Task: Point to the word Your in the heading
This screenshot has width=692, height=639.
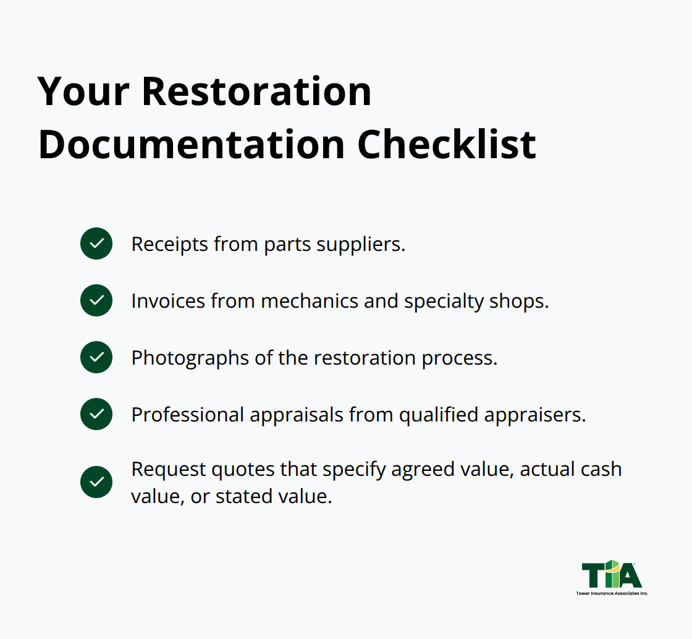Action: point(83,91)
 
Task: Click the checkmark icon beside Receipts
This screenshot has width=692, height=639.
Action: point(96,243)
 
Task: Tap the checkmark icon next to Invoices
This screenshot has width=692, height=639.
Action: point(96,300)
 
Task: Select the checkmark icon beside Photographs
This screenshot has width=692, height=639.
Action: point(96,357)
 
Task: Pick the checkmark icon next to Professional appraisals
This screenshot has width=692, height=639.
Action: point(96,414)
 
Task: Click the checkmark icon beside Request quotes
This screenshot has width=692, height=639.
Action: point(96,482)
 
